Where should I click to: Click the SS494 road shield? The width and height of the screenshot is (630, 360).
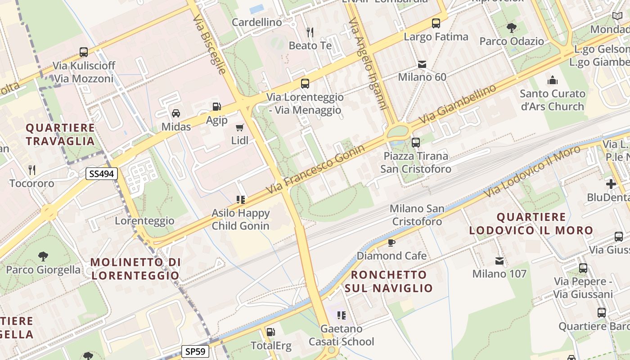point(102,174)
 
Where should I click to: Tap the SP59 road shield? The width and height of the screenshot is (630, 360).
point(195,351)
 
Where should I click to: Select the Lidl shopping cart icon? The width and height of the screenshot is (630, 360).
point(240,127)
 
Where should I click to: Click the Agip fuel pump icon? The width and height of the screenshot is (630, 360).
point(216,107)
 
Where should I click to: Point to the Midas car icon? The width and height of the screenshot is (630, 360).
point(176,113)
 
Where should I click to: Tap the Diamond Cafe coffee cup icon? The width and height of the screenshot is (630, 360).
point(391,243)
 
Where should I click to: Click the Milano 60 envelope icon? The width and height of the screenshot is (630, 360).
point(422,64)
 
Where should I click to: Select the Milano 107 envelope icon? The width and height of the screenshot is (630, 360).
point(499,261)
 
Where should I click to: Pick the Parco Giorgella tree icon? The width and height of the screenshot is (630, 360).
point(43,256)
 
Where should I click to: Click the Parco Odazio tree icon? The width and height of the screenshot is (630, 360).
point(512,28)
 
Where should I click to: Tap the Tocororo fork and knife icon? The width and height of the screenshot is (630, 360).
point(31,170)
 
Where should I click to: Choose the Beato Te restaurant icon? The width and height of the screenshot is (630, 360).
point(310,32)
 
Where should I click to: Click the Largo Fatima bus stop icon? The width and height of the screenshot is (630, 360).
point(436,23)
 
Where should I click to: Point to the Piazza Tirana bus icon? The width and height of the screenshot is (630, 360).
point(416,143)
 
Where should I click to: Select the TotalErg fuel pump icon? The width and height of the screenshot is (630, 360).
point(270,332)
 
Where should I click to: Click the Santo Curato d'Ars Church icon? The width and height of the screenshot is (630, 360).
point(552,81)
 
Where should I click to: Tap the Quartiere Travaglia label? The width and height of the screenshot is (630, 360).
point(60,134)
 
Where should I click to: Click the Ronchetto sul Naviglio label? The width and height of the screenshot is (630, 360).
point(389,281)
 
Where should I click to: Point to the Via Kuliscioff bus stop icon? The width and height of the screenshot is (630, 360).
point(84,52)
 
